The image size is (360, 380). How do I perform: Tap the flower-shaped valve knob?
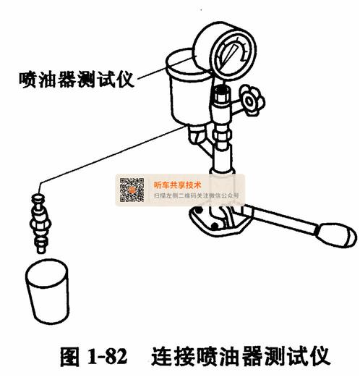[x=252, y=100]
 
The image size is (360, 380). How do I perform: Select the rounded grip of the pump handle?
[x=337, y=235]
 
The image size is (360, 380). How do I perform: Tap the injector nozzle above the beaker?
[x=40, y=224]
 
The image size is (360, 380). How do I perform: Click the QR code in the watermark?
[x=132, y=190]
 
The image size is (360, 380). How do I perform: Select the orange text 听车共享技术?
[x=177, y=185]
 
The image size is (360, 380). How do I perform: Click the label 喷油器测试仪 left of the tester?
[x=77, y=80]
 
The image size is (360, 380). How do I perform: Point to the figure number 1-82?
[x=107, y=356]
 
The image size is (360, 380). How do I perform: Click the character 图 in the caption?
[x=69, y=356]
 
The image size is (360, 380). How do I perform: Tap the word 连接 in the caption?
[x=173, y=356]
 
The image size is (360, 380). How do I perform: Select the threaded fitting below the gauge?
[x=222, y=96]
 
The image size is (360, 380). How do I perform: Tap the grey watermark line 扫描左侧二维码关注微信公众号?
[x=197, y=195]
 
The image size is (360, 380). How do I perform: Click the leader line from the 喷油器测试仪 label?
[x=165, y=69]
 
